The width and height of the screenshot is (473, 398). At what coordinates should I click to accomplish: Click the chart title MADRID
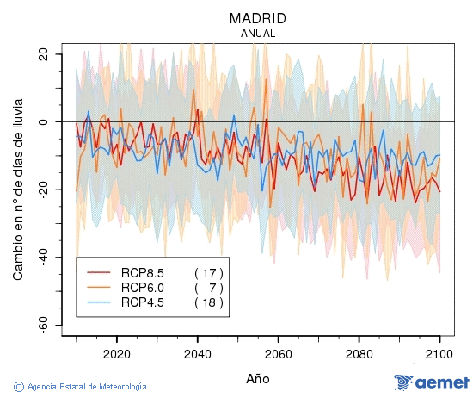[x=257, y=18]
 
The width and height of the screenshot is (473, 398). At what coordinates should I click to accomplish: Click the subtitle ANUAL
[x=257, y=33]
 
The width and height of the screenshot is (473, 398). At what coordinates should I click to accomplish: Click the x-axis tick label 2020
[x=116, y=353]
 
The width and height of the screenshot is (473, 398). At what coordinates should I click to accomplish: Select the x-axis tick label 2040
[x=197, y=353]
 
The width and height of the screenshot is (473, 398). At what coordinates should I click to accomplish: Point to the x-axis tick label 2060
[x=278, y=353]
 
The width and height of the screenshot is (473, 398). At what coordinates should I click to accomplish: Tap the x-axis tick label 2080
[x=359, y=353]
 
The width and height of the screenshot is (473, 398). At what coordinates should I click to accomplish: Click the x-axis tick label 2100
[x=439, y=353]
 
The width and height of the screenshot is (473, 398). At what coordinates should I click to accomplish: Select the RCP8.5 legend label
[x=142, y=271]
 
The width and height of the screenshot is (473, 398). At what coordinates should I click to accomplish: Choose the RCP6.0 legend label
[x=142, y=287]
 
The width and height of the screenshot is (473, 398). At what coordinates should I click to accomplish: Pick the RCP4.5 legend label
[x=142, y=302]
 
